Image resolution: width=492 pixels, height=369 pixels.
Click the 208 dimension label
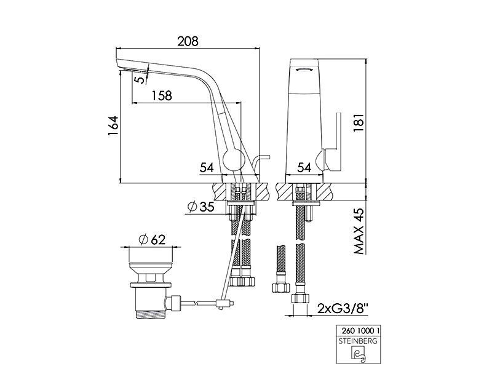click(188, 41)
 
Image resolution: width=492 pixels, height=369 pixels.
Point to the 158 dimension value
click(162, 95)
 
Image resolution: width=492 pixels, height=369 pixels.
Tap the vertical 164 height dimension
click(113, 125)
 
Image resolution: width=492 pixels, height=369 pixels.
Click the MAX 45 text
click(359, 231)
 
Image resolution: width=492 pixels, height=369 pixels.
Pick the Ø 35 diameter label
click(201, 207)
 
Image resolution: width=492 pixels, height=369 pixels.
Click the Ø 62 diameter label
click(151, 240)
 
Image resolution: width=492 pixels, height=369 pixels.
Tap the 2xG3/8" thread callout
click(343, 309)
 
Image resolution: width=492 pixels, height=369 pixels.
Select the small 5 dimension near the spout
click(141, 78)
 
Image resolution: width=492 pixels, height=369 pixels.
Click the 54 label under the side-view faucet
click(207, 167)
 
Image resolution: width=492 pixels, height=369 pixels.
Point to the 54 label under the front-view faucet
click(304, 167)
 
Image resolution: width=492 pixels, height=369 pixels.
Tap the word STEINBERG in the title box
click(359, 341)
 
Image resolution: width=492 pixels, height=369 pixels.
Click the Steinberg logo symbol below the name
click(359, 354)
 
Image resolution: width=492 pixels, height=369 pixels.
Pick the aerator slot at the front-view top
click(304, 70)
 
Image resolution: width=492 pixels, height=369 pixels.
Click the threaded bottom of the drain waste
click(151, 314)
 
